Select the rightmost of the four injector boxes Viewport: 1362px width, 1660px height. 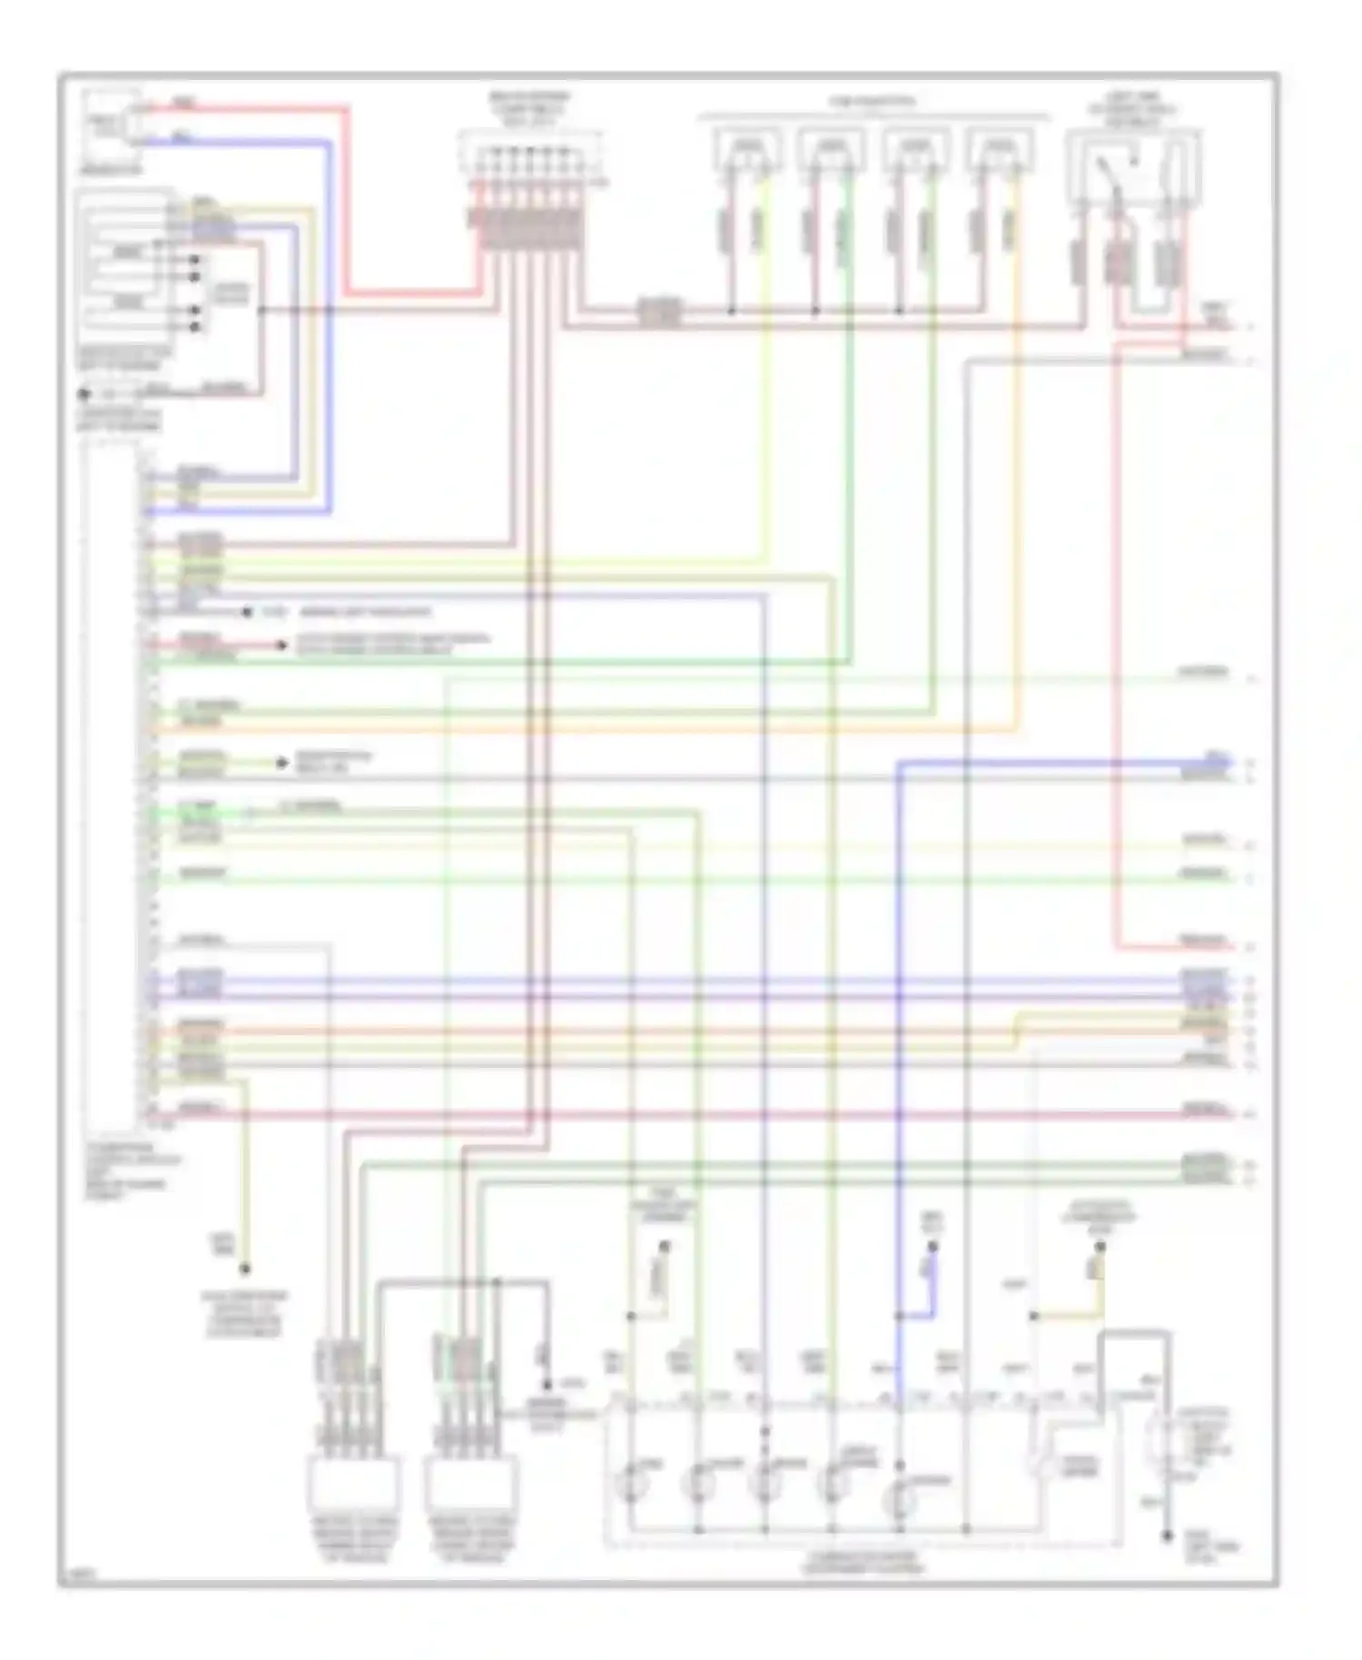pyautogui.click(x=1001, y=151)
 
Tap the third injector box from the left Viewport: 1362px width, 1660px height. pyautogui.click(x=916, y=151)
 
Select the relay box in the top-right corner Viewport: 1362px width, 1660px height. pyautogui.click(x=1134, y=168)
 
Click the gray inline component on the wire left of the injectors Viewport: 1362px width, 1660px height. pyautogui.click(x=660, y=312)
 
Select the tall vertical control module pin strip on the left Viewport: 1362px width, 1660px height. pyautogui.click(x=113, y=781)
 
